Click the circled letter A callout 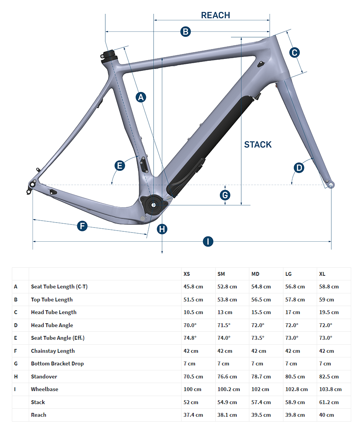point(141,97)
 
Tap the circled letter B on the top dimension point(185,31)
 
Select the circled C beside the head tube point(295,52)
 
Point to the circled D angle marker point(299,168)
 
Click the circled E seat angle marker point(119,165)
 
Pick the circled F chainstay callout point(82,226)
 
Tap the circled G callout point(225,195)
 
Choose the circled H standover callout point(162,229)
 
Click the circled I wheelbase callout point(208,242)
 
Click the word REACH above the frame point(216,15)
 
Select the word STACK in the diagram point(258,144)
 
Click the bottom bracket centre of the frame point(154,205)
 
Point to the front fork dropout point(331,185)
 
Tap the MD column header point(255,274)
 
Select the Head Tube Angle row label point(52,325)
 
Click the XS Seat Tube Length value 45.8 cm point(193,287)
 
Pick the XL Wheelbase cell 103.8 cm point(330,389)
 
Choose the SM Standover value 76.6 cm point(227,377)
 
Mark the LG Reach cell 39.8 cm point(295,415)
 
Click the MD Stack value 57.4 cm point(261,403)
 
